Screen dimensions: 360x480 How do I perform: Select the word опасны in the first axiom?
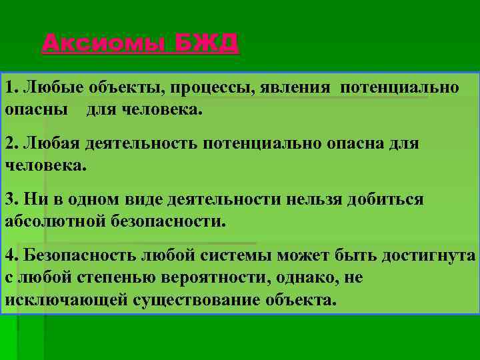point(36,109)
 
